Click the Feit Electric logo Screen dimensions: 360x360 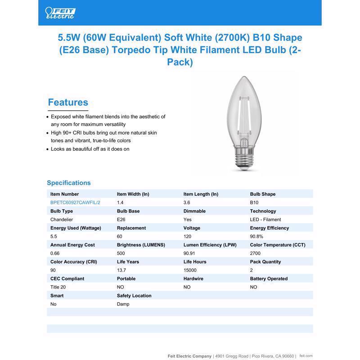point(60,13)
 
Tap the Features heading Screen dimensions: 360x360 point(68,103)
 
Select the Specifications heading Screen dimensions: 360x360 point(69,183)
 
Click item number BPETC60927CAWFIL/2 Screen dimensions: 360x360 point(75,202)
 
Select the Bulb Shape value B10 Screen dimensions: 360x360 point(254,202)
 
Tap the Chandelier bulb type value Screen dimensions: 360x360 point(62,220)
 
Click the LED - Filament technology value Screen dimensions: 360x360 point(265,220)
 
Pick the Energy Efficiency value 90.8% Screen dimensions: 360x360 point(256,236)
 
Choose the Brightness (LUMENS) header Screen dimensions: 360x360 point(141,245)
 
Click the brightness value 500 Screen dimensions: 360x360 point(121,253)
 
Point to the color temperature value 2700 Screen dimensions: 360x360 point(255,253)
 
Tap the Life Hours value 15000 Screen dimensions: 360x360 point(190,270)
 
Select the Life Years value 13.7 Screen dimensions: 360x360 point(121,270)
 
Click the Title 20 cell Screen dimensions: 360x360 point(58,287)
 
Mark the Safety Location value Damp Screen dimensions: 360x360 point(123,304)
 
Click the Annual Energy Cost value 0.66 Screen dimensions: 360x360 point(55,253)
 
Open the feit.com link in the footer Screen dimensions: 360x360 point(306,355)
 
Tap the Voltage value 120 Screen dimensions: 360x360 point(187,236)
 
